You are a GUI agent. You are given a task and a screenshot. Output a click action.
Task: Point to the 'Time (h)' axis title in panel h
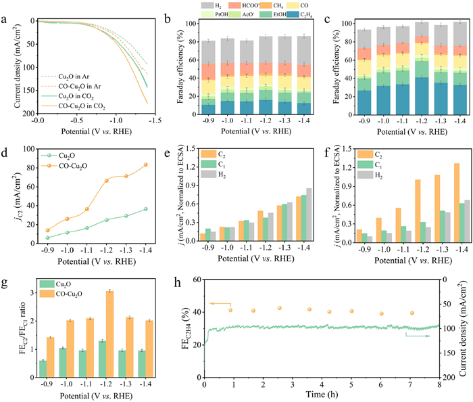pos(321,394)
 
